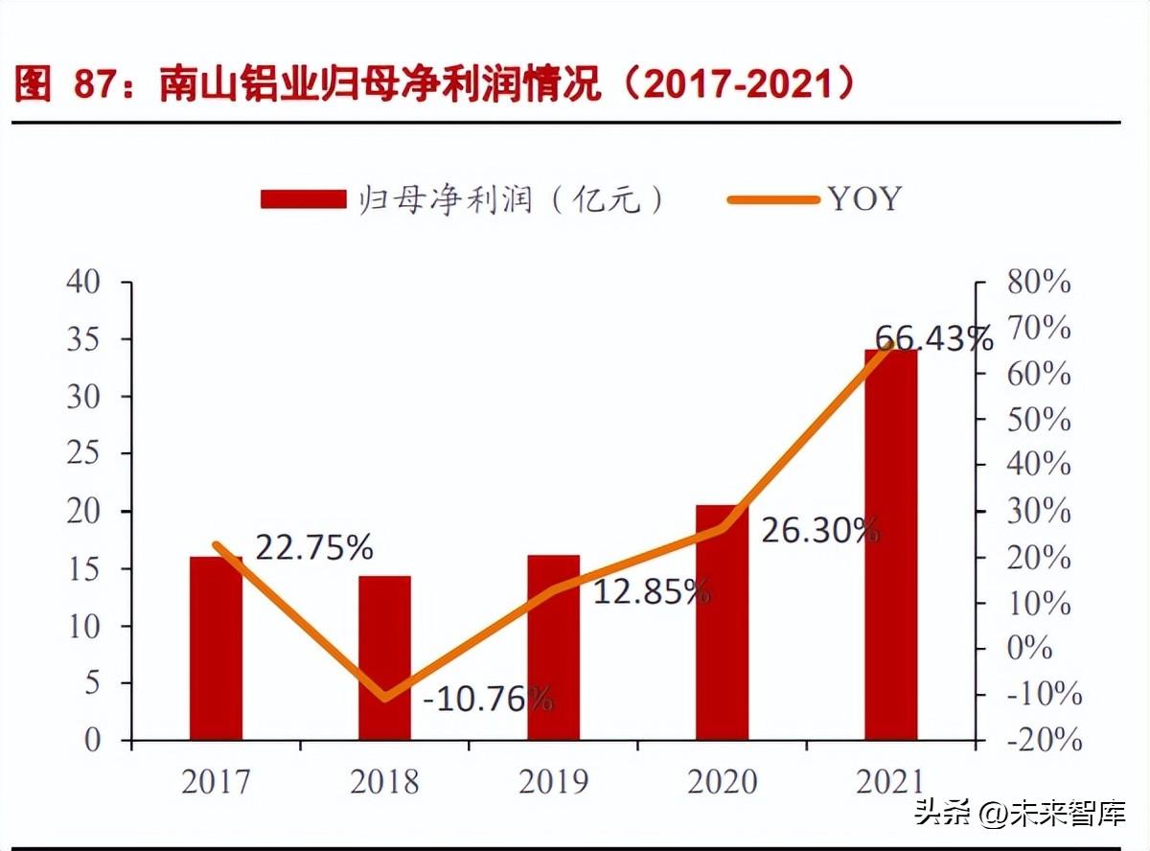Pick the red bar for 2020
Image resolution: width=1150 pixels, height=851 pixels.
722,622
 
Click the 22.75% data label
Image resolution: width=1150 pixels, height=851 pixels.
314,547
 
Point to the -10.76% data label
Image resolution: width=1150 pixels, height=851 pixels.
488,699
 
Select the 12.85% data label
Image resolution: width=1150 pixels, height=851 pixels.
652,592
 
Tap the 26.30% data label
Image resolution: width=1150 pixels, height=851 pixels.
820,529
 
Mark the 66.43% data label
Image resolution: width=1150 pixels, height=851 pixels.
934,338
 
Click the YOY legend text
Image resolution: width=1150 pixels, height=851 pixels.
864,198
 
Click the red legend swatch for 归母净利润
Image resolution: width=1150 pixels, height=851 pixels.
303,198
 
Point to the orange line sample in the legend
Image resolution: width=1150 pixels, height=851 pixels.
773,199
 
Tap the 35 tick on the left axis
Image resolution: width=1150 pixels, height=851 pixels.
83,339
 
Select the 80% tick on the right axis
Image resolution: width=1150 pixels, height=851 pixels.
1038,283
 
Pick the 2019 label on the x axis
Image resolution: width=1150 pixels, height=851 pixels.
553,782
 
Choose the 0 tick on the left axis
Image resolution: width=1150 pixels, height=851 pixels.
93,741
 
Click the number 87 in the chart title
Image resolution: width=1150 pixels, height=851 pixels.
95,86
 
